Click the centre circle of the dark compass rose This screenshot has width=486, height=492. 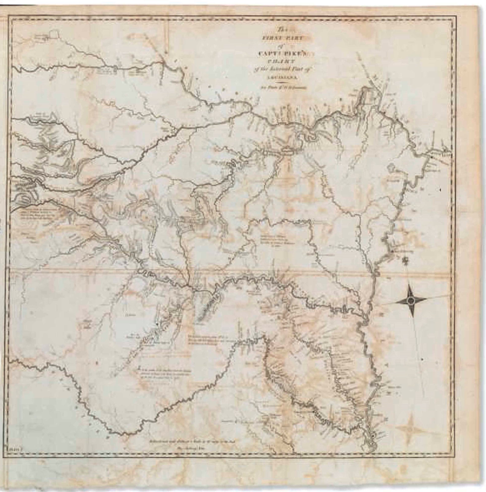[410, 301]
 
